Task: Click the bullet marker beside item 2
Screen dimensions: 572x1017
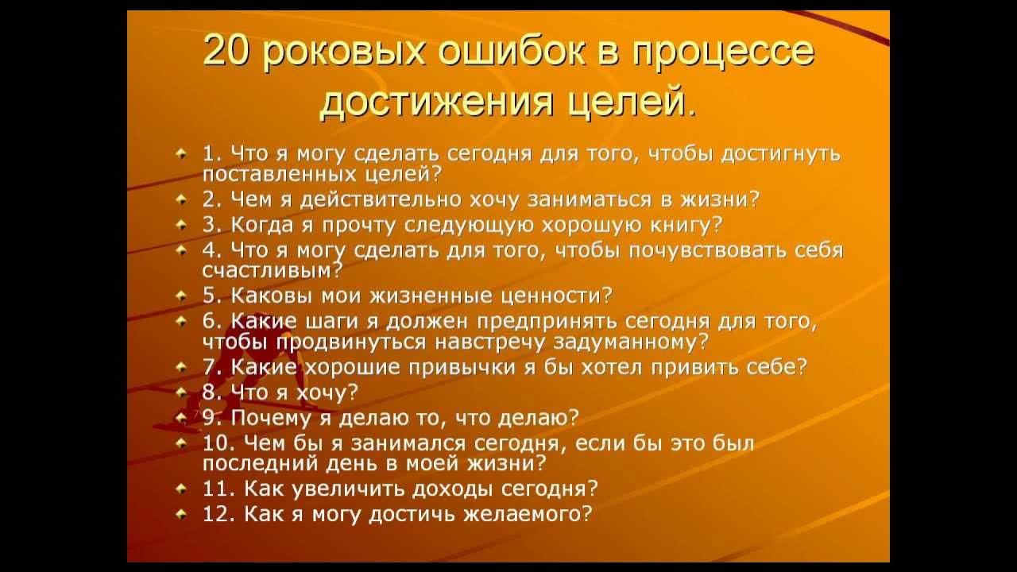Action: pyautogui.click(x=182, y=199)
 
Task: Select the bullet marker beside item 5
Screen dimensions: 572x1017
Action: pyautogui.click(x=182, y=296)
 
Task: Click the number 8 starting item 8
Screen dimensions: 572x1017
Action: pyautogui.click(x=208, y=392)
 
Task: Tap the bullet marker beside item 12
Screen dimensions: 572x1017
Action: pyautogui.click(x=182, y=514)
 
